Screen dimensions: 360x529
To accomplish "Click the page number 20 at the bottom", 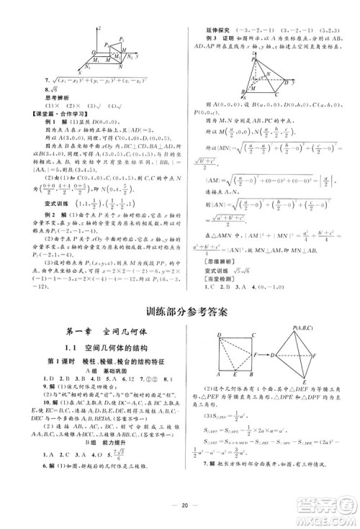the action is (179, 505).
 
